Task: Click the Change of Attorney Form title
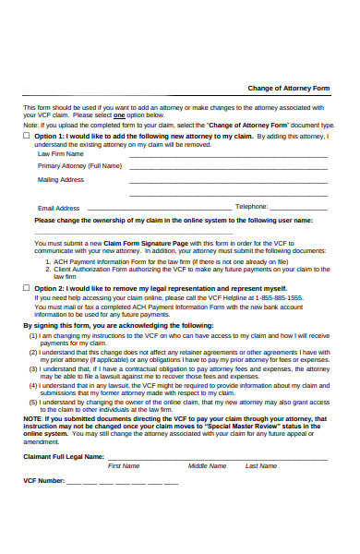coord(288,88)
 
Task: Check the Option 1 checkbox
coord(27,135)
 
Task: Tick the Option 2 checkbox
coord(27,288)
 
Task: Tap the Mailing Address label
coord(61,179)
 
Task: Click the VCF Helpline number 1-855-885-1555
coord(277,297)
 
